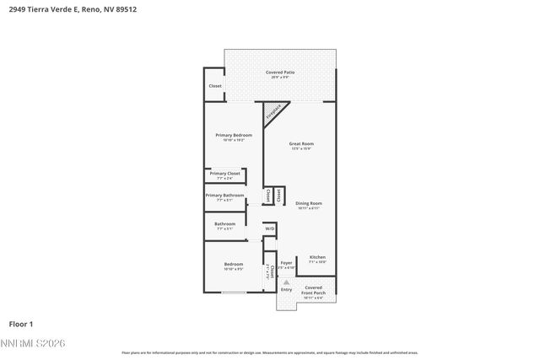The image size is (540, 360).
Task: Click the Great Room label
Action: [x=301, y=145]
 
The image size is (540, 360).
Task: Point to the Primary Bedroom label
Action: [x=233, y=137]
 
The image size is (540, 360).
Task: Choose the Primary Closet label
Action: [x=224, y=175]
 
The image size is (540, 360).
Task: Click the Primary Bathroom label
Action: [x=224, y=196]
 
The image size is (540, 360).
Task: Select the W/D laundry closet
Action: [x=270, y=228]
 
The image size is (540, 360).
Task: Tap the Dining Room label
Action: [x=309, y=205]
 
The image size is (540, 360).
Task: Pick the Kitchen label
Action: [x=317, y=258]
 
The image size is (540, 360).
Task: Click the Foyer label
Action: [x=287, y=264]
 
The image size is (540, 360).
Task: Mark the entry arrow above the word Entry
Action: [x=286, y=282]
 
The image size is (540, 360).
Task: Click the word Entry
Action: [x=287, y=290]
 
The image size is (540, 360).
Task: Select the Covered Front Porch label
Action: [x=313, y=292]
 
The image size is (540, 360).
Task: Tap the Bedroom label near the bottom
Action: [x=234, y=266]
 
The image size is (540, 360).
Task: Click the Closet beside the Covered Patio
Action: [x=215, y=86]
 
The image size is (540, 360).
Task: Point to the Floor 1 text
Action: [x=21, y=323]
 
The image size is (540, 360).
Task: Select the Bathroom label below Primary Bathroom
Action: [x=224, y=225]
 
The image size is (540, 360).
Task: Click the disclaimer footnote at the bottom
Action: [x=269, y=353]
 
